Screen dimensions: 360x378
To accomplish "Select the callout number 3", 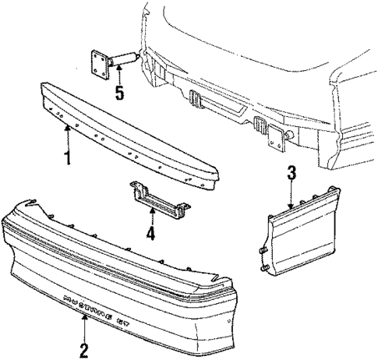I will pos(291,174).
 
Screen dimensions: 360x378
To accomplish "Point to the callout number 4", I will pos(150,232).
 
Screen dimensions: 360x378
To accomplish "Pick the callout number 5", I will pos(118,94).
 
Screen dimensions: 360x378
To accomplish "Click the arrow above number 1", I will pos(68,139).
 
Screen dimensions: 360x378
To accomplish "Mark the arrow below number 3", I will pos(291,196).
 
